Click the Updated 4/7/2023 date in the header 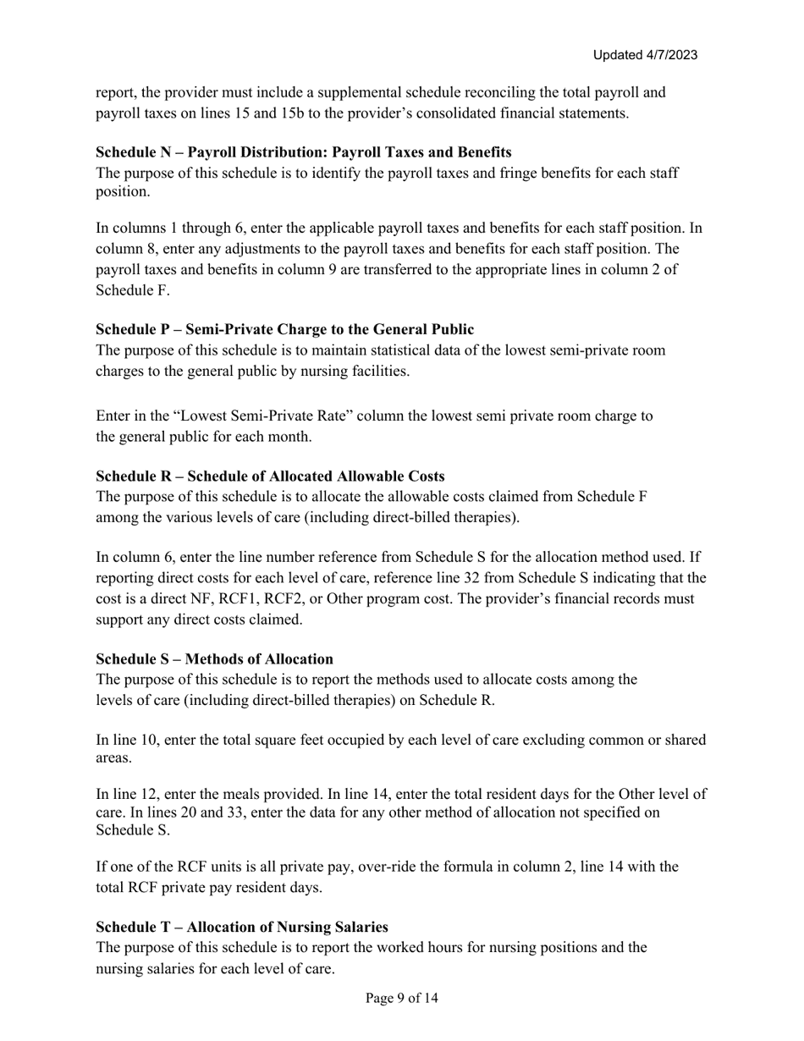click(x=645, y=55)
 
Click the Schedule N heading click(x=303, y=152)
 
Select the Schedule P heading click(x=284, y=329)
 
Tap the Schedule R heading click(x=270, y=476)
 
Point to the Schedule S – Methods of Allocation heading click(x=214, y=658)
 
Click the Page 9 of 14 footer click(x=401, y=999)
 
